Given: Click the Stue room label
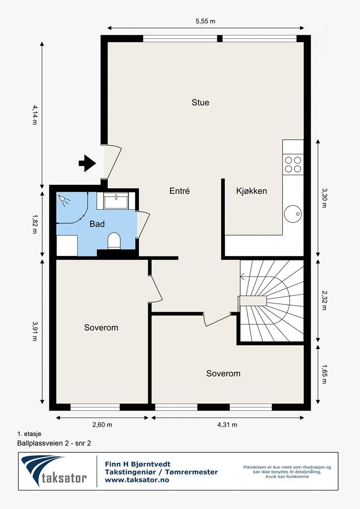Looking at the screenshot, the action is (200, 102).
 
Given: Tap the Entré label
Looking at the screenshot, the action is (180, 191).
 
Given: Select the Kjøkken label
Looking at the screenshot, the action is (252, 191).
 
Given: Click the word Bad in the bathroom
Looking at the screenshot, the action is (97, 224).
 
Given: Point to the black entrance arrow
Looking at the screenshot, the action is (87, 163).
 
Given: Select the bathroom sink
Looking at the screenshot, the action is (116, 201).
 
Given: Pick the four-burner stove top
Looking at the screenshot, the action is (293, 164).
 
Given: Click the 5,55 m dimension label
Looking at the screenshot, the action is (205, 21).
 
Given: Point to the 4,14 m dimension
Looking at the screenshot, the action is (34, 115).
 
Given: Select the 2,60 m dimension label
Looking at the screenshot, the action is (102, 424).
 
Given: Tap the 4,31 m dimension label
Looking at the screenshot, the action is (227, 424).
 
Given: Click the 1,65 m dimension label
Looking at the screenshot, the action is (324, 374).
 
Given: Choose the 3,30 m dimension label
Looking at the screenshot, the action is (324, 198).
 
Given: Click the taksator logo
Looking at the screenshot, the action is (54, 471).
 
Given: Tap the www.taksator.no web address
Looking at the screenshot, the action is (137, 480).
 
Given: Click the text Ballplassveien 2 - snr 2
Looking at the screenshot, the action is (54, 443).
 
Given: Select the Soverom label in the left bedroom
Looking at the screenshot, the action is (101, 328).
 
